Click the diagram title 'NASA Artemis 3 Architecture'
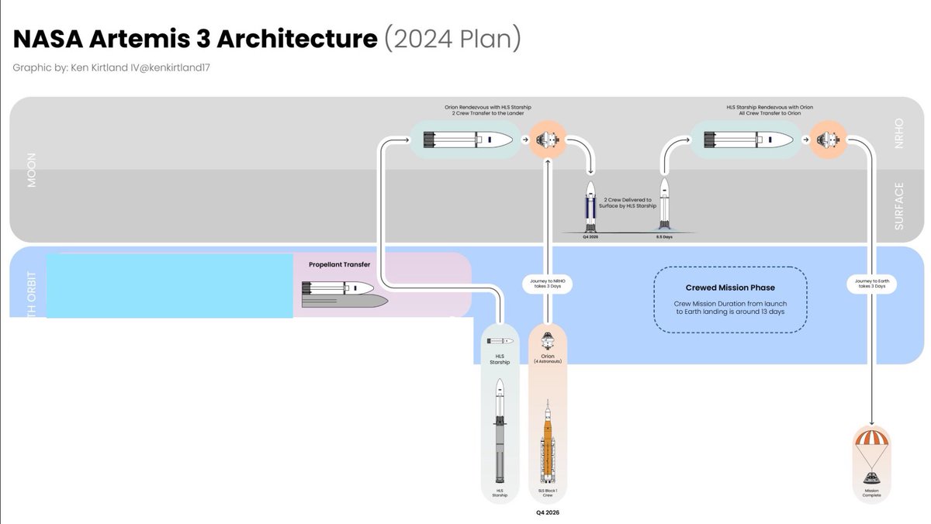pos(194,40)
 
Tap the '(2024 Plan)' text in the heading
pos(452,40)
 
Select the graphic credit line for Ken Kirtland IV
pos(111,68)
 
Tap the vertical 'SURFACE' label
pos(899,206)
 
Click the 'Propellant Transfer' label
pos(339,264)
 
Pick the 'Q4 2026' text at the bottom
pos(548,512)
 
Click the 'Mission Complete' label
pos(871,493)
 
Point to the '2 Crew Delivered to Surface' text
pos(628,202)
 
